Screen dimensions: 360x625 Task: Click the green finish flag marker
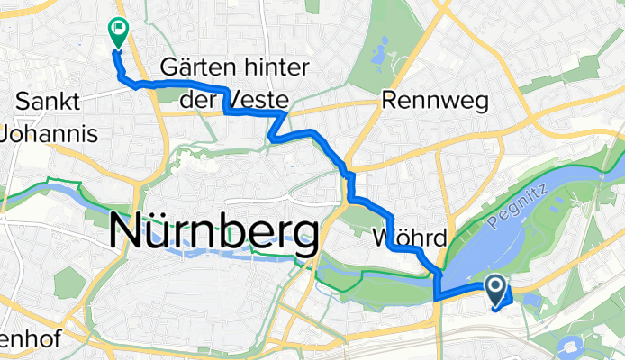coord(118,32)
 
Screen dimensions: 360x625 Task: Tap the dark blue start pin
coord(496,290)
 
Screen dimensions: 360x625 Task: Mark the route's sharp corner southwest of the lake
coord(437,298)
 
